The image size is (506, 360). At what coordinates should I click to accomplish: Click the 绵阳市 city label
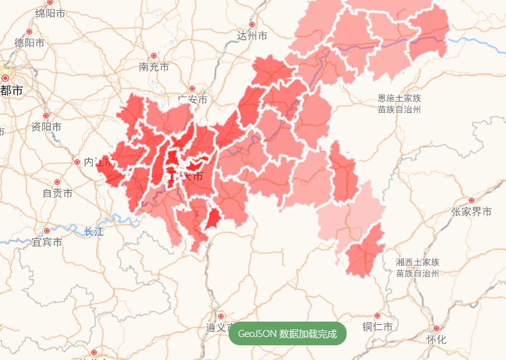click(x=50, y=13)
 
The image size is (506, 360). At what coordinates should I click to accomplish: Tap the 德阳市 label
click(x=29, y=43)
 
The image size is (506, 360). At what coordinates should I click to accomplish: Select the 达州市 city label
click(x=252, y=36)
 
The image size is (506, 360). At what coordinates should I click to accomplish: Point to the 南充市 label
click(x=154, y=67)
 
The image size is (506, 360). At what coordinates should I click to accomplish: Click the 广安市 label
click(x=192, y=100)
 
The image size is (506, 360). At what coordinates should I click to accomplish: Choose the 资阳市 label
click(x=47, y=127)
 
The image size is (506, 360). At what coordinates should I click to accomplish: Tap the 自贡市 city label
click(x=57, y=192)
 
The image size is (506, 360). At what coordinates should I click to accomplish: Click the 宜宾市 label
click(x=47, y=242)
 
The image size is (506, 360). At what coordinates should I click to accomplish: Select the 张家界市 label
click(x=471, y=212)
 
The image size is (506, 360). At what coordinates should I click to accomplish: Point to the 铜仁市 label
click(x=378, y=327)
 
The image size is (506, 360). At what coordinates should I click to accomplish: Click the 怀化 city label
click(x=436, y=340)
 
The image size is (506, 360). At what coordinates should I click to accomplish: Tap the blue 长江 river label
click(x=93, y=231)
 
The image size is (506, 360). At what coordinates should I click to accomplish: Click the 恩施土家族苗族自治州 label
click(x=399, y=104)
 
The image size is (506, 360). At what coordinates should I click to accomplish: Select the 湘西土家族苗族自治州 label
click(x=417, y=267)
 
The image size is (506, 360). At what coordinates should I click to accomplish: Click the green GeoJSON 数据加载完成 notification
click(x=287, y=334)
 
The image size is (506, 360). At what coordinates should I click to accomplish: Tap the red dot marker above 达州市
click(x=252, y=24)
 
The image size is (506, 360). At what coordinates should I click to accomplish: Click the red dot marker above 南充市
click(x=153, y=56)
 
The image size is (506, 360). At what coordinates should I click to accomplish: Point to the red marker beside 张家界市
click(x=471, y=201)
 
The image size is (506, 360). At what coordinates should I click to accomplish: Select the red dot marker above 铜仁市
click(x=377, y=316)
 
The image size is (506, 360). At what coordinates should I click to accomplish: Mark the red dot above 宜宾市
click(x=47, y=231)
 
